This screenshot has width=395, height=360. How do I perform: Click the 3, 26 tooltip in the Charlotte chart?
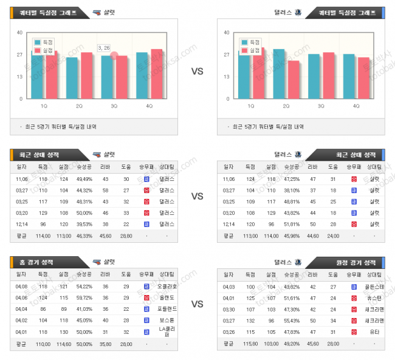coord(104,48)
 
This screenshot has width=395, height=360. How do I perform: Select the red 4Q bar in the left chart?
coord(157,73)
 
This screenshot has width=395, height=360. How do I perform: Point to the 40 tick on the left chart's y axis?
coord(20,33)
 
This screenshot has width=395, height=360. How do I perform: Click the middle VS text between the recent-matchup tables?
coord(197,196)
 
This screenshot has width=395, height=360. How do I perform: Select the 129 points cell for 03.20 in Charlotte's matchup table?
coord(43,212)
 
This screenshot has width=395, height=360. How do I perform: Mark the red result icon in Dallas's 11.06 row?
coord(354,179)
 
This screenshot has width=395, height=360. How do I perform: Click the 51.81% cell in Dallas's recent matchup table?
coord(292,224)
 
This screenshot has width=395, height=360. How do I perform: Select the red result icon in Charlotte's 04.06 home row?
coord(146,297)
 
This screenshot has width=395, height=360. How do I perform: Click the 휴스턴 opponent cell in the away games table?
coord(373,297)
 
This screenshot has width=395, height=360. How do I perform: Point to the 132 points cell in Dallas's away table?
coord(250,321)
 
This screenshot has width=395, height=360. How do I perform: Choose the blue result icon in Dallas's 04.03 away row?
coord(354,286)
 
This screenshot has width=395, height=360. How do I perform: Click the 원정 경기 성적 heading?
coord(355,262)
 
